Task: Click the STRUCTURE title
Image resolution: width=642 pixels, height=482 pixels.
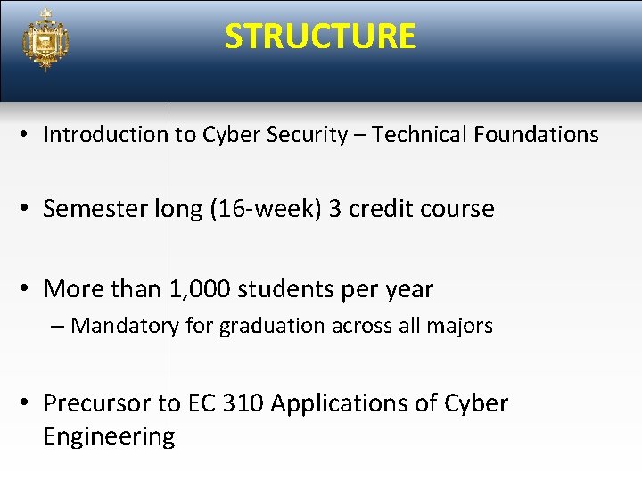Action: pos(320,37)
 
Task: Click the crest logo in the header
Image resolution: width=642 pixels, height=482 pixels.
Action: pos(45,40)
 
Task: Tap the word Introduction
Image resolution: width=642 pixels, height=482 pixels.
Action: pos(105,135)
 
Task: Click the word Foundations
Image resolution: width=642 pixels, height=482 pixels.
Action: pos(536,135)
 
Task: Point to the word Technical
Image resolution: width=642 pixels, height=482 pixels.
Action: pos(420,135)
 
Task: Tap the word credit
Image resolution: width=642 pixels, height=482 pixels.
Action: pos(384,209)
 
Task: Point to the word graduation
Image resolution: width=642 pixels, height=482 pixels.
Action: pos(272,326)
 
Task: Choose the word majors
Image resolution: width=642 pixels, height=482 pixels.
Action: pos(459,326)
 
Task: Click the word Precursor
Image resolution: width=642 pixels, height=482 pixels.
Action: pos(98,403)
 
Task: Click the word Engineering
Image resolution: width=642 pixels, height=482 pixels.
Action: pos(109,436)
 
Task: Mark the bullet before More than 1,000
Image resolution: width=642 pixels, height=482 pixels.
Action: pos(28,290)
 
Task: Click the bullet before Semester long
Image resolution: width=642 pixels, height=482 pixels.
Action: pos(28,210)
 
